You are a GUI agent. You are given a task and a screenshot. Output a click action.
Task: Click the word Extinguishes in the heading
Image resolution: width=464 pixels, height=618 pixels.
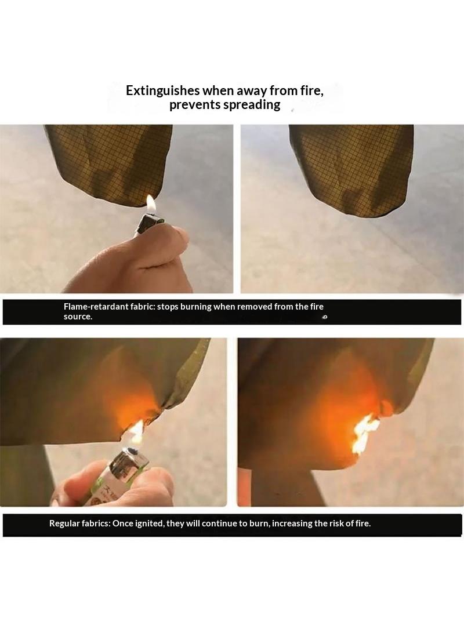click(x=163, y=90)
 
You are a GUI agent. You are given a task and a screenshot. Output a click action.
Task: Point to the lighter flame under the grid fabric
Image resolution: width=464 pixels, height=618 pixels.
click(x=151, y=204)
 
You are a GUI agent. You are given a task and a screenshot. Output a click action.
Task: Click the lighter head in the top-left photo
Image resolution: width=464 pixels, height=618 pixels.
click(x=151, y=223)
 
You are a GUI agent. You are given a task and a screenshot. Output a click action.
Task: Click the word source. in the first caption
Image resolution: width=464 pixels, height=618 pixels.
click(x=78, y=317)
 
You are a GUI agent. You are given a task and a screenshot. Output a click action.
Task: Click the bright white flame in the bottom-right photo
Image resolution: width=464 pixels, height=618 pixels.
click(x=364, y=434)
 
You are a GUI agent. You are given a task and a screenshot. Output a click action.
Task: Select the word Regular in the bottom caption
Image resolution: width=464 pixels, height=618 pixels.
click(x=64, y=524)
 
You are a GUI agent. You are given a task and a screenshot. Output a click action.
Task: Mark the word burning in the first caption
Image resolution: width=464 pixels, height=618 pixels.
click(x=195, y=307)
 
